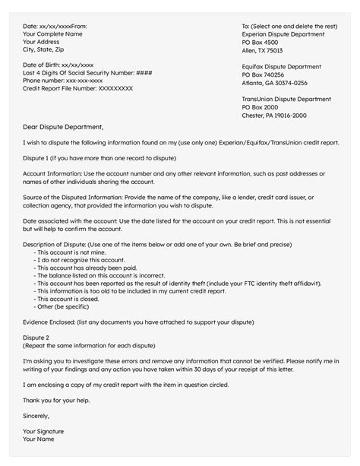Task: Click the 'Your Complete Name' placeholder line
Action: click(x=55, y=34)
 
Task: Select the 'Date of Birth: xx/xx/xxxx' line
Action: click(x=58, y=64)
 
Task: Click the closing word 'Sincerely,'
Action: click(x=36, y=416)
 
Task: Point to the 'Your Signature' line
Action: click(x=43, y=432)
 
